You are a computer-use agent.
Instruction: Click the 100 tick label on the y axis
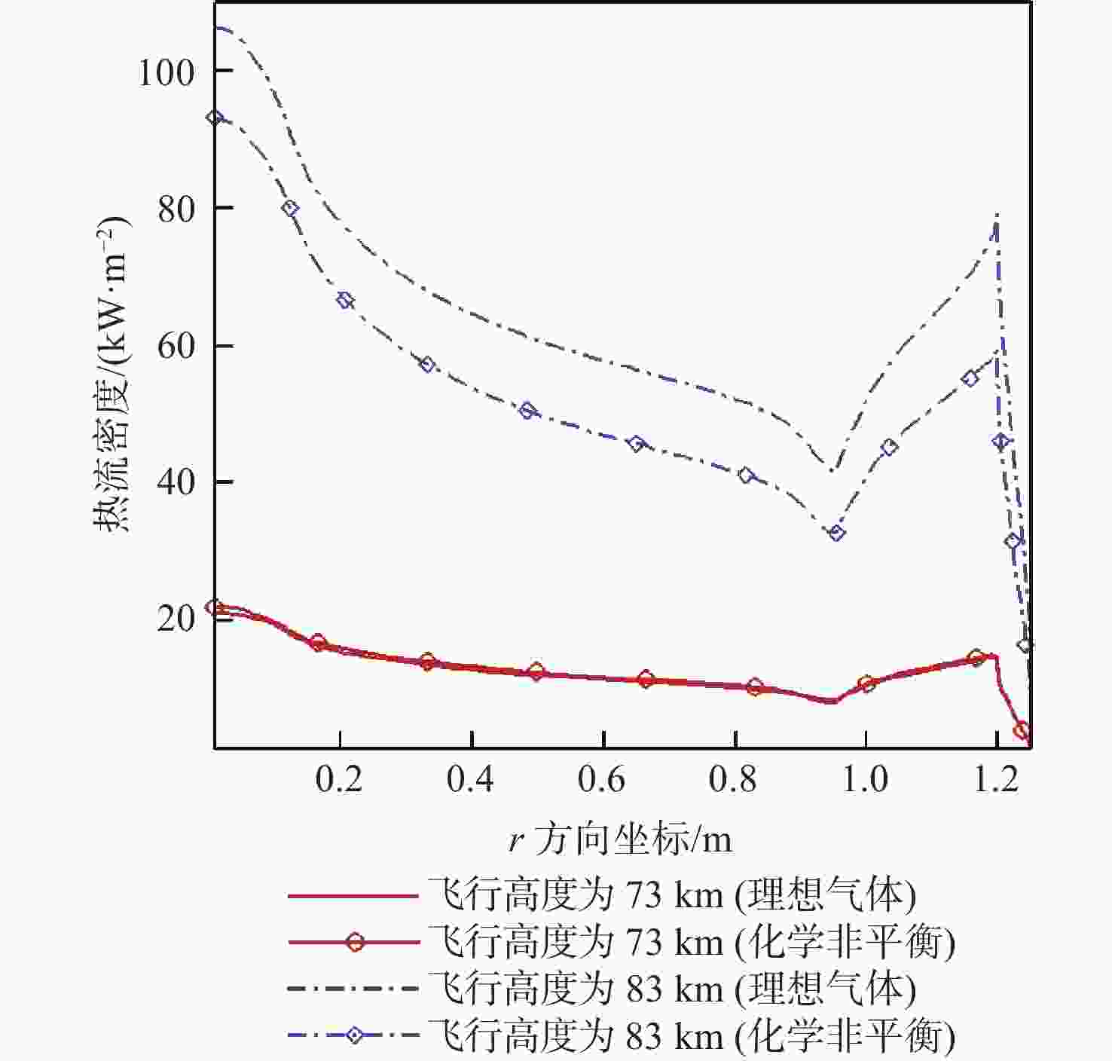(166, 72)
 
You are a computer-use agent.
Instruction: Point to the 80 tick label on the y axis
(176, 209)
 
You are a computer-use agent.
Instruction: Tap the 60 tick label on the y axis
(176, 347)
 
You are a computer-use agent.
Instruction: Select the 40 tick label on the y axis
(176, 483)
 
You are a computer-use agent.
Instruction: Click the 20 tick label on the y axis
(176, 619)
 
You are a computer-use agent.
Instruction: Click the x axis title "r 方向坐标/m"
(620, 839)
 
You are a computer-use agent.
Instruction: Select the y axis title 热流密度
(113, 377)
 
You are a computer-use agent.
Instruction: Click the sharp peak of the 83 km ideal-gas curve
(997, 215)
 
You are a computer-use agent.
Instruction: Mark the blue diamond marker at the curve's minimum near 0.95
(836, 533)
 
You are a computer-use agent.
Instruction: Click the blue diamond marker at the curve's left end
(216, 118)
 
